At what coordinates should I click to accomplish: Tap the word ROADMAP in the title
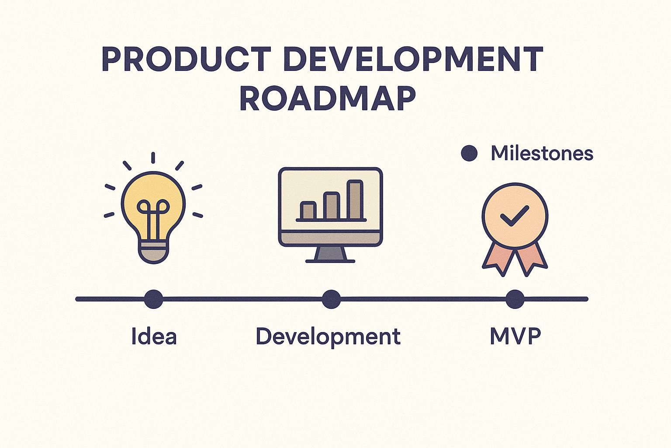328,98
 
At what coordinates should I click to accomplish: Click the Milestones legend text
542,153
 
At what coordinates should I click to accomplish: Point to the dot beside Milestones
469,153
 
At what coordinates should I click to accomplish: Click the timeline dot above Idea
153,299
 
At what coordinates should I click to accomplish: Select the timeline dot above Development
331,299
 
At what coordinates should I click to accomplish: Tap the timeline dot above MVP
515,299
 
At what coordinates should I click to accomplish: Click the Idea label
154,336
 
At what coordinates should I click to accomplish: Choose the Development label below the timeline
328,336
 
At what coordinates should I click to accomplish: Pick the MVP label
515,336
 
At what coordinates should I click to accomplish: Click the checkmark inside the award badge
514,216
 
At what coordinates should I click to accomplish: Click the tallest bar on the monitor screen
355,200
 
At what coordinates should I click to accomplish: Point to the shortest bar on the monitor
308,210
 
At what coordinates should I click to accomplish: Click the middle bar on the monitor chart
332,206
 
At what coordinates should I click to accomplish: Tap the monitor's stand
330,254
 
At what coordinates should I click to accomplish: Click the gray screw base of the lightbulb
153,252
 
